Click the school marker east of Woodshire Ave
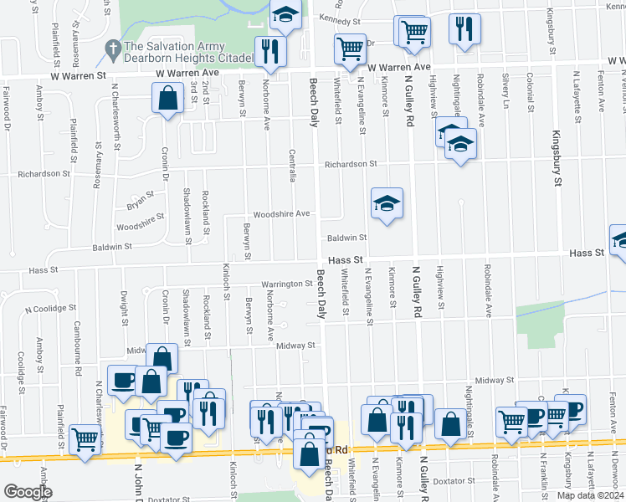[x=387, y=203]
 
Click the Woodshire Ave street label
[x=282, y=213]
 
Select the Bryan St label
[x=141, y=201]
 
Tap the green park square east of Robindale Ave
[x=536, y=324]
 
